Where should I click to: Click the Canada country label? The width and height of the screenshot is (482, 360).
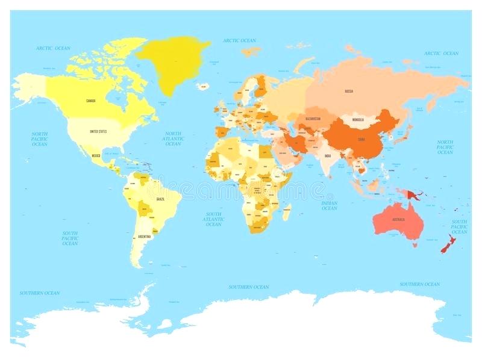[x=91, y=101]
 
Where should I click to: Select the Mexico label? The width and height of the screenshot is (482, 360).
[x=96, y=155]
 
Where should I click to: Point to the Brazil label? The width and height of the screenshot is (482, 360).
[x=160, y=199]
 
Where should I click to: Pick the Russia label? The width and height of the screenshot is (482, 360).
[x=348, y=91]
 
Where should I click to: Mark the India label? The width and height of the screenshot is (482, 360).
[x=328, y=157]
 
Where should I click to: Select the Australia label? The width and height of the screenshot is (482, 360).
[x=398, y=219]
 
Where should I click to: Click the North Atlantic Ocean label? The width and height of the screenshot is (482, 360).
[x=173, y=138]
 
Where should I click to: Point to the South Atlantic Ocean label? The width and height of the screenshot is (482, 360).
[x=213, y=219]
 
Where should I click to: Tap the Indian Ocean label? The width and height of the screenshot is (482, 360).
[x=329, y=205]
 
